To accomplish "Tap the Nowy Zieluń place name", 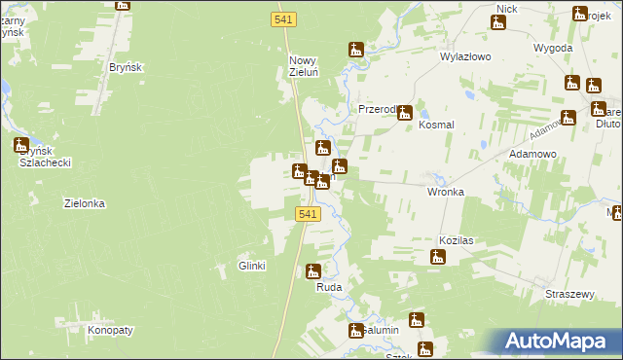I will point(303,67).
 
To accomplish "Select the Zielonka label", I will point(84,204).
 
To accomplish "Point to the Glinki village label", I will point(252,266).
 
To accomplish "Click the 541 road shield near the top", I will point(279,18).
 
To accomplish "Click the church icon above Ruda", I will point(312,270).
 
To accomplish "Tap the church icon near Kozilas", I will point(438,258).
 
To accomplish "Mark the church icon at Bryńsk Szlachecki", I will point(21,146).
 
